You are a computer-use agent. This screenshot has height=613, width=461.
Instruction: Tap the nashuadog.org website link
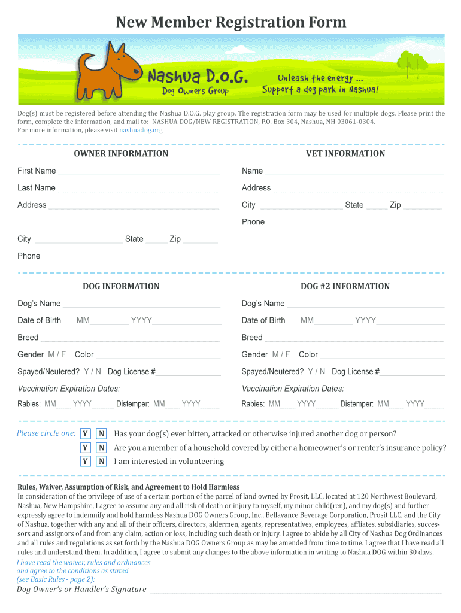[141, 130]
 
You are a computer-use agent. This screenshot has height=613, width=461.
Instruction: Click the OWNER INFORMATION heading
[121, 154]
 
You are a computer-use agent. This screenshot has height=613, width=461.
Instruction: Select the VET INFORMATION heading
[345, 154]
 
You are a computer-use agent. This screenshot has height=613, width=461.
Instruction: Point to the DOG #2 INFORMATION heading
[345, 286]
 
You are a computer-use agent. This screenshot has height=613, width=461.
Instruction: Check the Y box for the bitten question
[86, 434]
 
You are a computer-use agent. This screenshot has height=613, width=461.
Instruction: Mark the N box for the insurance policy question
[102, 448]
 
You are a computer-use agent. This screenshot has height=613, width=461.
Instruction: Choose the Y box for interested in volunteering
[86, 461]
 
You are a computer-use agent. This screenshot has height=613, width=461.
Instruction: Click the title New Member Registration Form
[230, 23]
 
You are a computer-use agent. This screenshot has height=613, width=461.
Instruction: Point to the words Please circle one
[46, 433]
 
